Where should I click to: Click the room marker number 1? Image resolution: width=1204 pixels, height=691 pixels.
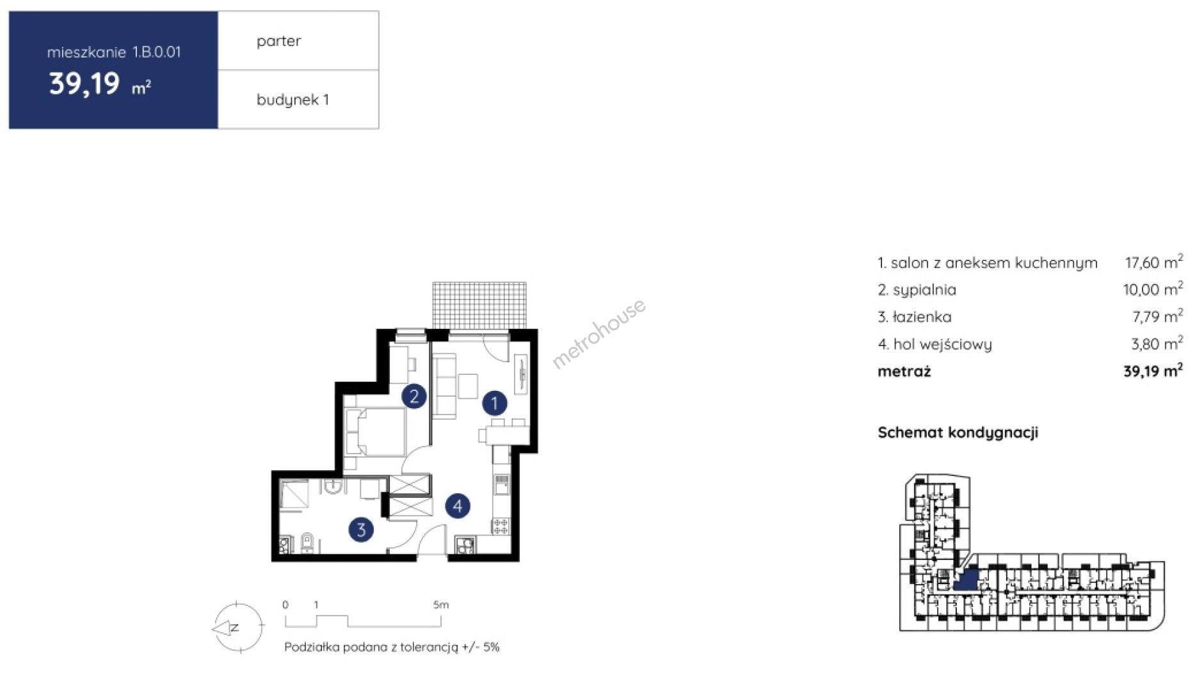(494, 403)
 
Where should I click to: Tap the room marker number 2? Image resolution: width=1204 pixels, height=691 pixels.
(414, 396)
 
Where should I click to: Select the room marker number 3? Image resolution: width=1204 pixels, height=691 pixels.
(361, 529)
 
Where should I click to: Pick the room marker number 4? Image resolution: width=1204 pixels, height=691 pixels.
(458, 506)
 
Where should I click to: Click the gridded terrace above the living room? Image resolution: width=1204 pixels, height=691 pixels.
(479, 305)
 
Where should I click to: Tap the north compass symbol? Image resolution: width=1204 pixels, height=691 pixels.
(237, 628)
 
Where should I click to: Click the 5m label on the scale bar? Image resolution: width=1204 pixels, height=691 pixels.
(441, 604)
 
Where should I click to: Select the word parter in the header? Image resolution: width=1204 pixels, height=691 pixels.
(278, 41)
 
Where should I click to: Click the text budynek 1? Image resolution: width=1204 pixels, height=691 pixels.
(293, 100)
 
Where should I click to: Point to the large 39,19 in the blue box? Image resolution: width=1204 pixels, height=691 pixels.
(84, 84)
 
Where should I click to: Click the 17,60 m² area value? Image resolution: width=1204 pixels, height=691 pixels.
(1154, 262)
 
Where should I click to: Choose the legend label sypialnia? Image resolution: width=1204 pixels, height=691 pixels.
(924, 290)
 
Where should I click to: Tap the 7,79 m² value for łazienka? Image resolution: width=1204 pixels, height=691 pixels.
(1157, 316)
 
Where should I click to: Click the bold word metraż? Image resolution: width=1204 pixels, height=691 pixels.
(904, 371)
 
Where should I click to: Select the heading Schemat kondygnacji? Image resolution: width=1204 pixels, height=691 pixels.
(958, 433)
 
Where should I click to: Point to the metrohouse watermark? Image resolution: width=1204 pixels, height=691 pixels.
(599, 334)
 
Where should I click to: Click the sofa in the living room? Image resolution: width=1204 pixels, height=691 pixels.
(444, 386)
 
